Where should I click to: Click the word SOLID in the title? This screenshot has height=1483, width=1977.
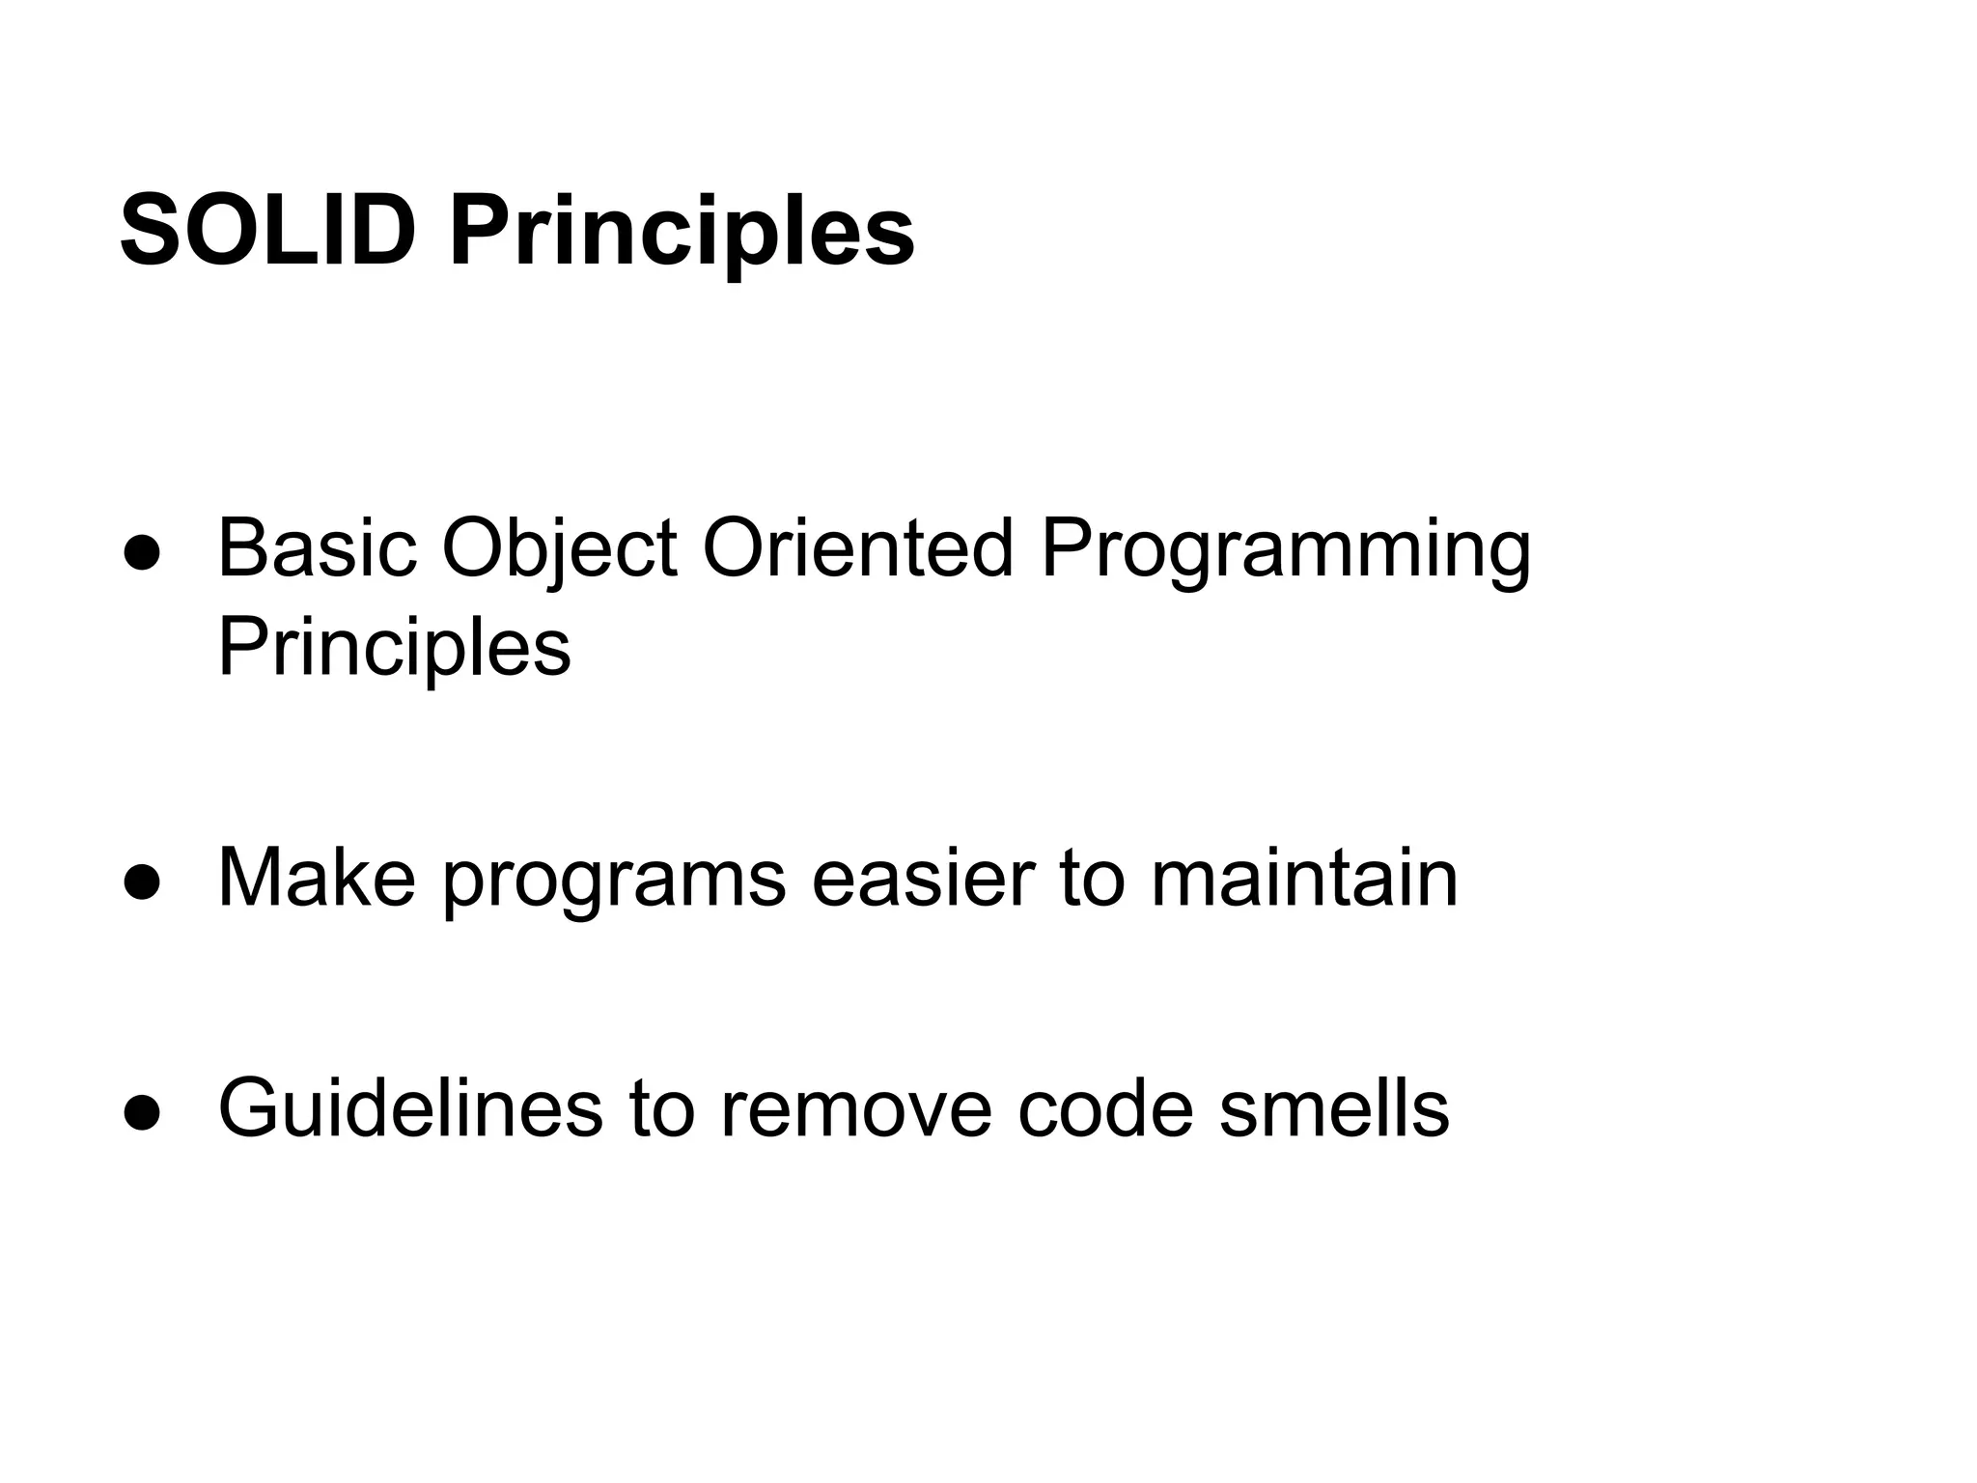click(267, 232)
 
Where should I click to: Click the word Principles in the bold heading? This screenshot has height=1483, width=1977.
click(682, 232)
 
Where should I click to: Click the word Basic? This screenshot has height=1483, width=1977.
click(317, 548)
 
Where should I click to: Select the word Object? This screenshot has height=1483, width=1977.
click(559, 548)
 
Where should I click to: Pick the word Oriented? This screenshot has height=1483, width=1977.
click(857, 548)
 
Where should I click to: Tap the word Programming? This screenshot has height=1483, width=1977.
click(1285, 548)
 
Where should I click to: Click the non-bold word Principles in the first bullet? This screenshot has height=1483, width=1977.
click(394, 647)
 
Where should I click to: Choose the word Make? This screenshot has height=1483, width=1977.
click(317, 878)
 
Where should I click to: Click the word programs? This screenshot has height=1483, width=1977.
click(615, 878)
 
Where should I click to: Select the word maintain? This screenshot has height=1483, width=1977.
click(1304, 878)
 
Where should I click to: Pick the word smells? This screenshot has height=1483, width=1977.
click(1334, 1107)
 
